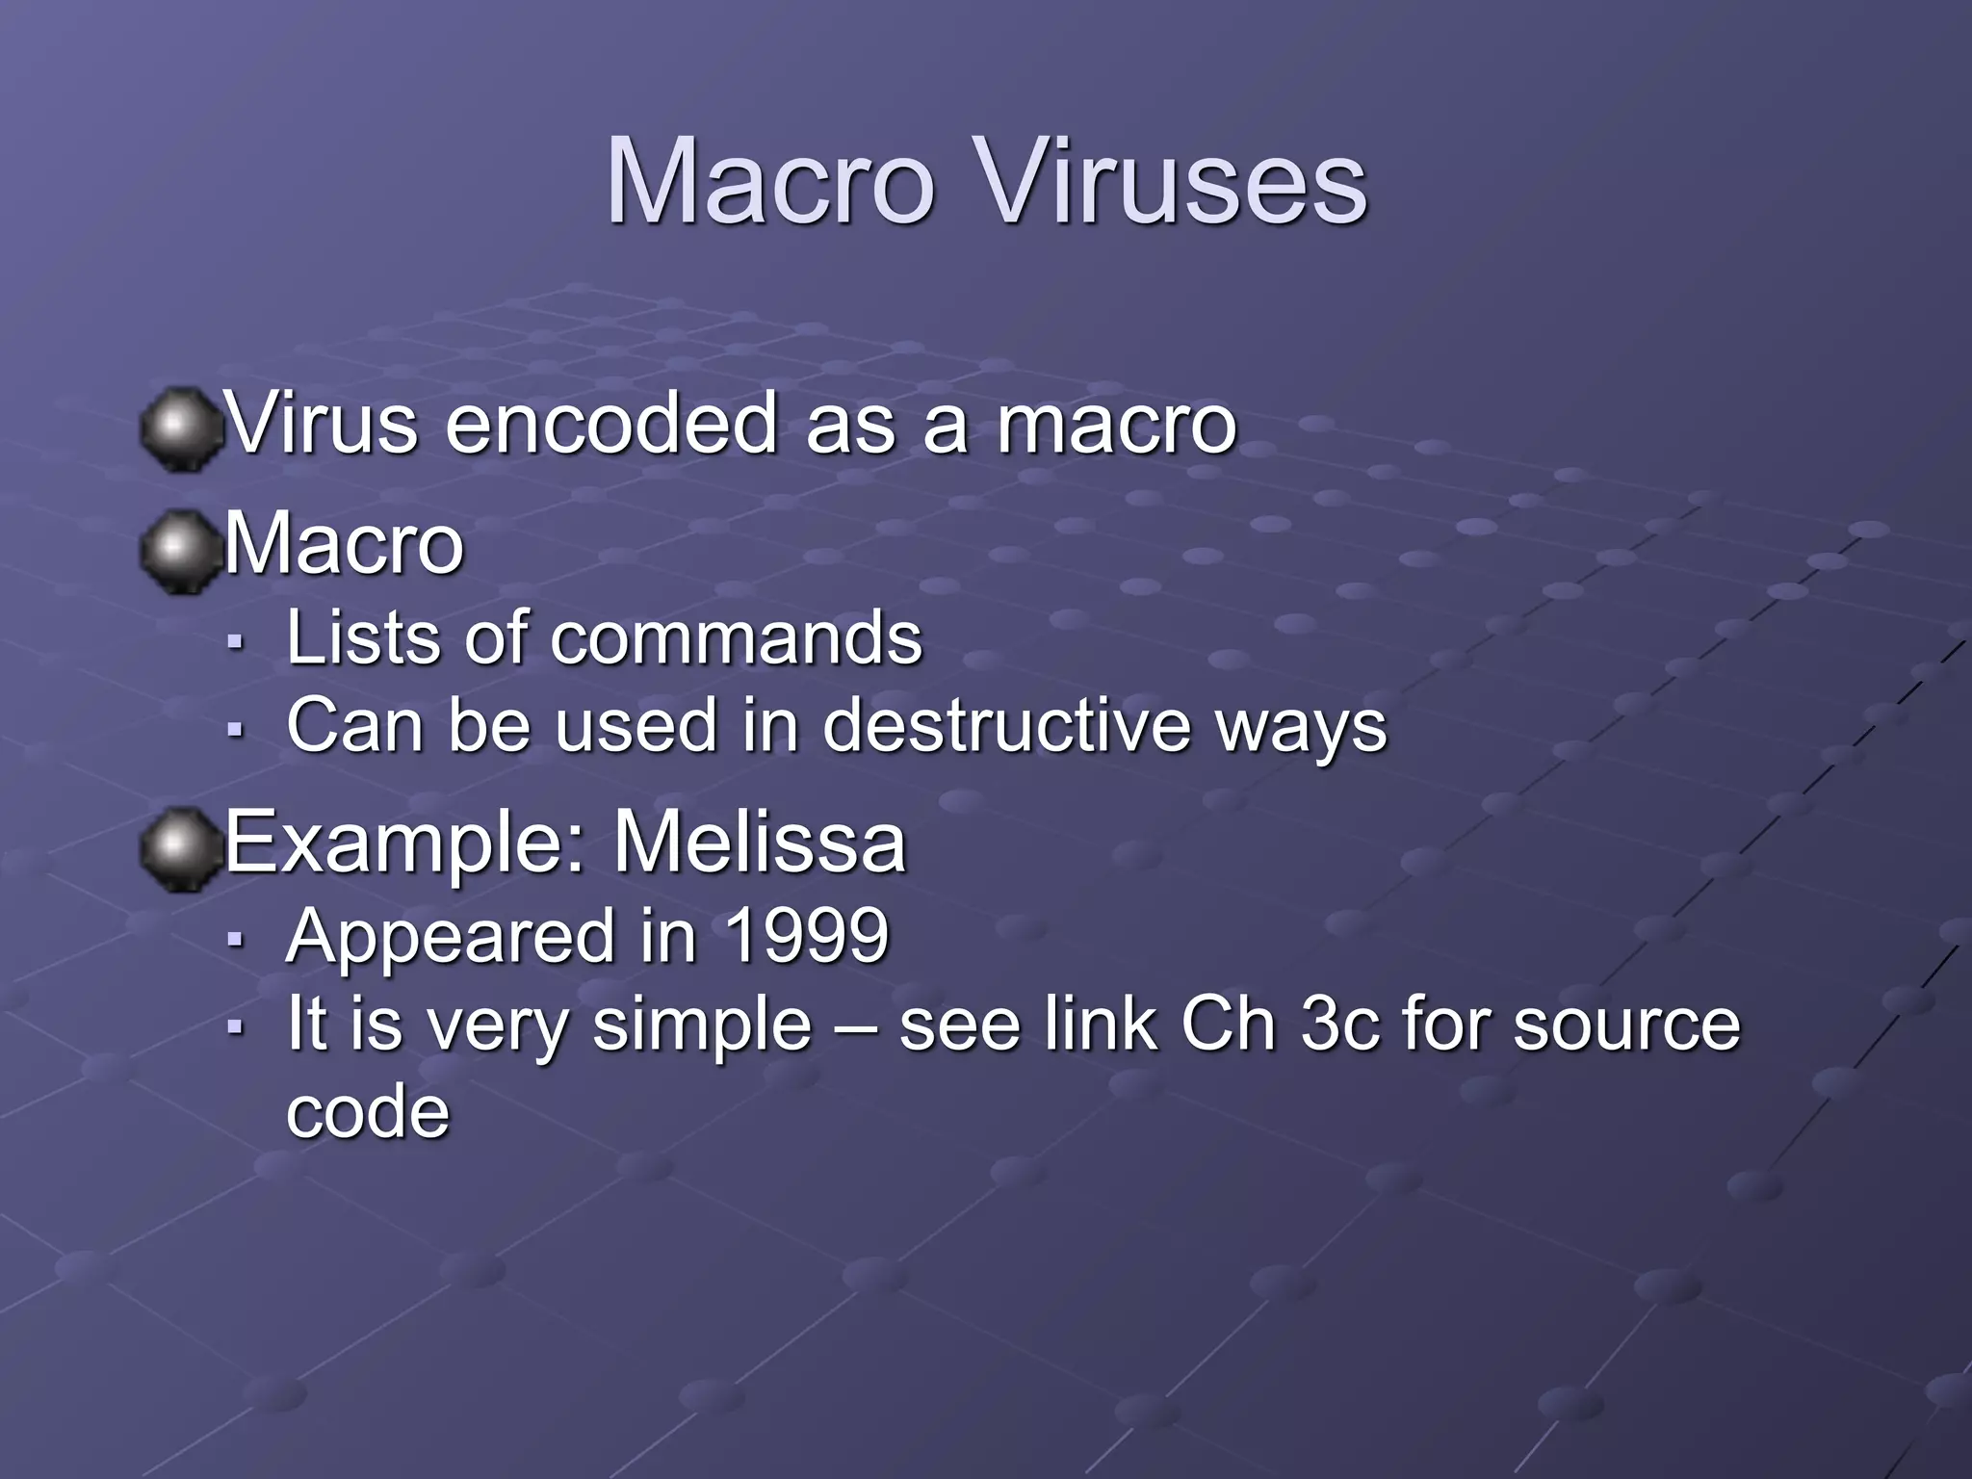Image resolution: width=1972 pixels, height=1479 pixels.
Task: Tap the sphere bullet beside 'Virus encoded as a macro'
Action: (177, 428)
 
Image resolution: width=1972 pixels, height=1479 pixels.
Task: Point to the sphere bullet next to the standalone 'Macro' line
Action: (177, 551)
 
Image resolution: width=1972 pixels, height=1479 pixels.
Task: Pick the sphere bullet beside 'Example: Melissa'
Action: (177, 849)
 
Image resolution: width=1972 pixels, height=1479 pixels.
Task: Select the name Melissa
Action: (760, 843)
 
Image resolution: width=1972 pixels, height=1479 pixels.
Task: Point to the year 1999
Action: (806, 936)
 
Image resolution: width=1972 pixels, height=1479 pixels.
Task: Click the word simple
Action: (702, 1026)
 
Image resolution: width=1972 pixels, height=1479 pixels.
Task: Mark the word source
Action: (1626, 1026)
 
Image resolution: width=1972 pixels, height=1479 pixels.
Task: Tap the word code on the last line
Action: (368, 1113)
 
